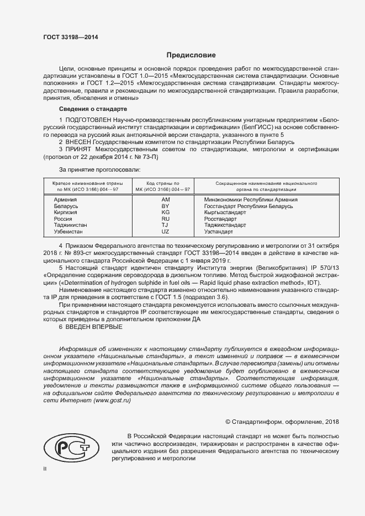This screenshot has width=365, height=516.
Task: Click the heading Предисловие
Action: click(x=192, y=55)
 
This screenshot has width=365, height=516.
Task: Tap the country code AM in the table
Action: click(x=166, y=199)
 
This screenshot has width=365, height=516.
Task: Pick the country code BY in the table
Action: click(x=166, y=206)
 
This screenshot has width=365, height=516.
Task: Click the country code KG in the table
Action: click(x=166, y=212)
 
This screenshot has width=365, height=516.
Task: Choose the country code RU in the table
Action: click(x=166, y=219)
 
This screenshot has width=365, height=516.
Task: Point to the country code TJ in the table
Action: click(x=165, y=225)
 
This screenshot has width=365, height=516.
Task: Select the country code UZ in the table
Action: click(x=166, y=232)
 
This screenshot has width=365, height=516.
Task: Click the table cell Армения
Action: click(x=65, y=199)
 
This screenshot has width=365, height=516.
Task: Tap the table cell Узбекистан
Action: click(x=69, y=232)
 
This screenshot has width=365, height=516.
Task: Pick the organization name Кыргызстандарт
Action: click(x=225, y=212)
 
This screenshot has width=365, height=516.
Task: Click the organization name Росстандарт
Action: click(x=220, y=219)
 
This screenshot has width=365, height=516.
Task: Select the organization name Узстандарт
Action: click(x=219, y=232)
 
